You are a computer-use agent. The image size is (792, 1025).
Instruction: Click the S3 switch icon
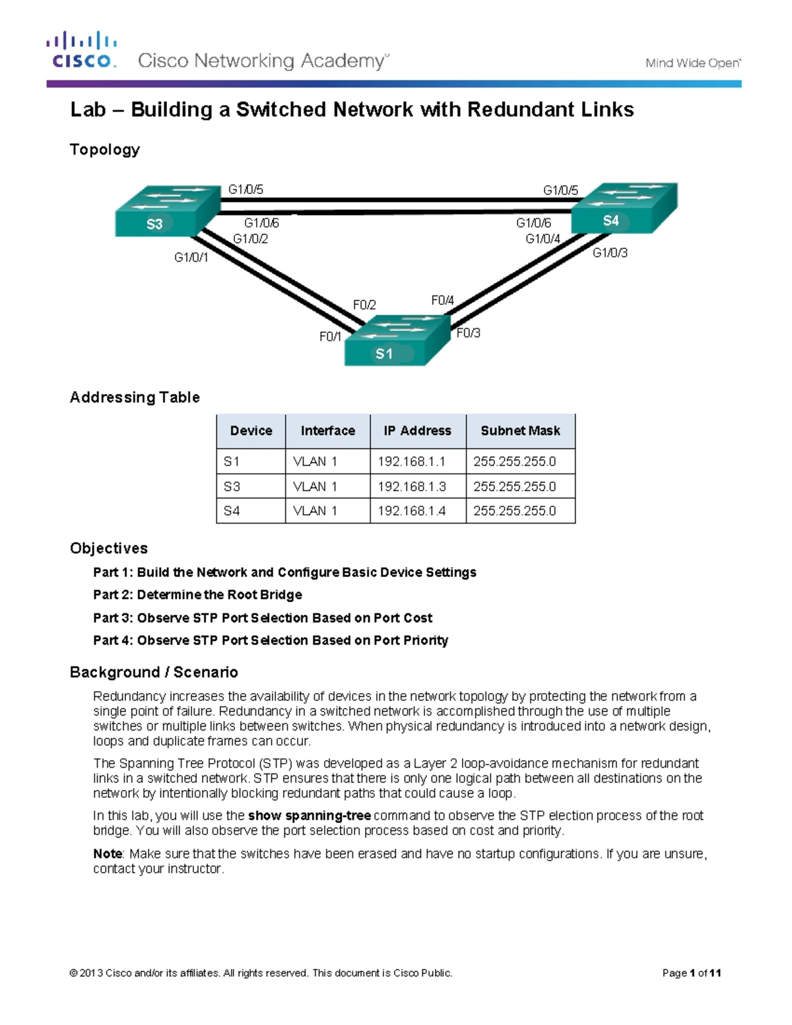166,211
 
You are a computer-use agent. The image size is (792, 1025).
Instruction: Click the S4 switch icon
623,209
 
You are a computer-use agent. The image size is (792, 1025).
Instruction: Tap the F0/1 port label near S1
330,337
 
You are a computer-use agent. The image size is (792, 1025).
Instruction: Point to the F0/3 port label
469,333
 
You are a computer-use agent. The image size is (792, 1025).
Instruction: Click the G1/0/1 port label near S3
191,257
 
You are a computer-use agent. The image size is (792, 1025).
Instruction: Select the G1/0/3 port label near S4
610,253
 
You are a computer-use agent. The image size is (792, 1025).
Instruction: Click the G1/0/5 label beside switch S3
246,189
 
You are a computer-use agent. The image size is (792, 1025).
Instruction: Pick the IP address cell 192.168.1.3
412,486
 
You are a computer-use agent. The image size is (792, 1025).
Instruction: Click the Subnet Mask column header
520,431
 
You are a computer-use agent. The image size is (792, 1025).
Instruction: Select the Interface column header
327,431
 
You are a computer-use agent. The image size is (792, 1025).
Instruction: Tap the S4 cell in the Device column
232,511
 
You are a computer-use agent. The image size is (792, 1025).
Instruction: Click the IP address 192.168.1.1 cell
412,461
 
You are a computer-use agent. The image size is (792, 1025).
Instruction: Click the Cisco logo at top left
82,50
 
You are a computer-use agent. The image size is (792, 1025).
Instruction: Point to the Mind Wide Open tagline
692,63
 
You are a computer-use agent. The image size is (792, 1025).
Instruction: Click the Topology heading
105,150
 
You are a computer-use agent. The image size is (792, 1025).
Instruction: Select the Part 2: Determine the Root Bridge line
197,595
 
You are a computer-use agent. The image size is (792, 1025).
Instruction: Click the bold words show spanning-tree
309,816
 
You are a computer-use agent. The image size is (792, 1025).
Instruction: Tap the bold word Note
108,854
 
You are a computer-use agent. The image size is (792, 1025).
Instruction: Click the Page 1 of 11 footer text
691,973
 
